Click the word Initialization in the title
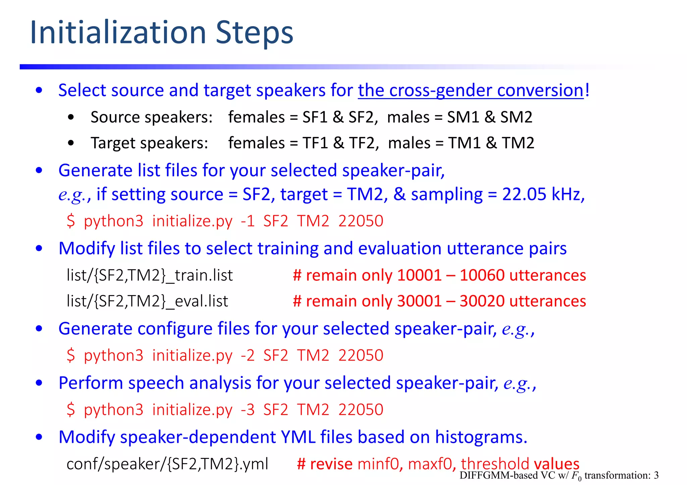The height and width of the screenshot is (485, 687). click(x=118, y=32)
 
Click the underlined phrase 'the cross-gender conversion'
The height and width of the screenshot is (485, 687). click(x=471, y=90)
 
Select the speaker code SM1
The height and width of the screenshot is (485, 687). click(x=463, y=117)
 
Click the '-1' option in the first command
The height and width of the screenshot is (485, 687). click(x=248, y=221)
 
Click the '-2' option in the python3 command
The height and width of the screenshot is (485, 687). click(x=248, y=355)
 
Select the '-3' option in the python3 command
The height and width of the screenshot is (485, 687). click(x=248, y=410)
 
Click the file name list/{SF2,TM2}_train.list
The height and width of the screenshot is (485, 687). click(x=150, y=275)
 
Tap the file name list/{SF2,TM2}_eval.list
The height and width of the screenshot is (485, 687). click(x=147, y=301)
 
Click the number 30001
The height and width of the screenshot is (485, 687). click(x=419, y=301)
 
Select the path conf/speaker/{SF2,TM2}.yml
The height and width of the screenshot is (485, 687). click(x=167, y=464)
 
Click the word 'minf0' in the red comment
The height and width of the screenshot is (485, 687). click(x=378, y=464)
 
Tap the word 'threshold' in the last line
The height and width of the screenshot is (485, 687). click(x=495, y=464)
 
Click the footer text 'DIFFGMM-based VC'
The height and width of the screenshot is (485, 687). click(x=507, y=475)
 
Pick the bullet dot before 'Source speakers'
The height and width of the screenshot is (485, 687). click(x=70, y=118)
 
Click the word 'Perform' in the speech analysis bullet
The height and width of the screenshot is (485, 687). click(x=91, y=383)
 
